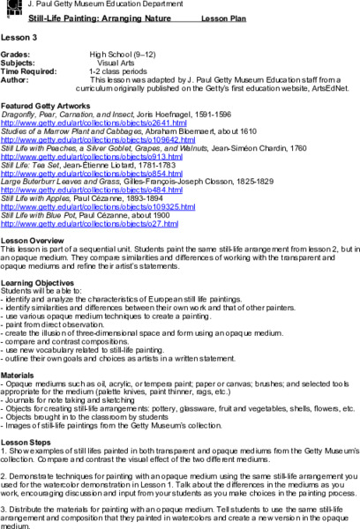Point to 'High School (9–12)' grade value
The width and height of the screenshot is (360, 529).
coord(133,56)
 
